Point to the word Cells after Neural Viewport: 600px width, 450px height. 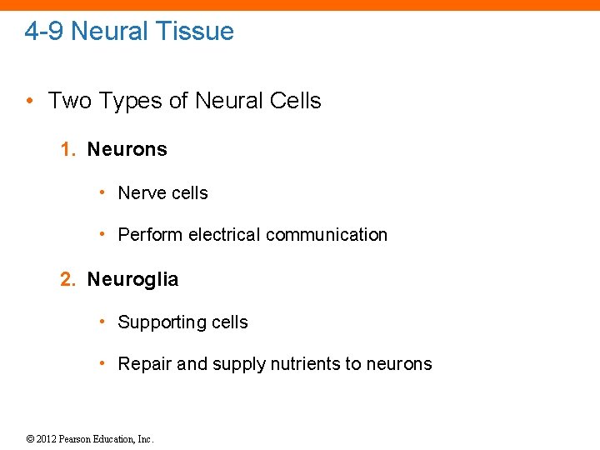tap(295, 101)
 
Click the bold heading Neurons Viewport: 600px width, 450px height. tap(127, 149)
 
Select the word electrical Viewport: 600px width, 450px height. tap(224, 235)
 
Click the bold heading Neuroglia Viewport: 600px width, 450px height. tap(132, 279)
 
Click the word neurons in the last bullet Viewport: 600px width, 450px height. tap(399, 364)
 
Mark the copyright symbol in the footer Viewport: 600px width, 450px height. tap(29, 439)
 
